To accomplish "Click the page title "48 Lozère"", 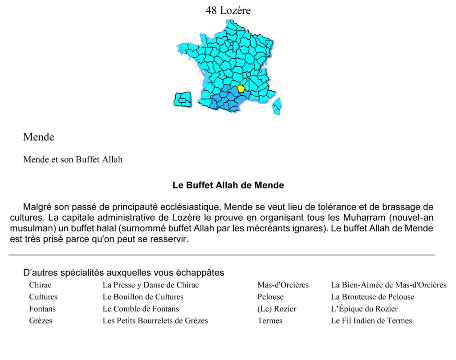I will point(228,10).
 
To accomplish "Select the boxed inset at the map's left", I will point(182,99).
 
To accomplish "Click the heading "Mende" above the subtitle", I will point(39,137).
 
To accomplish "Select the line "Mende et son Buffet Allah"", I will point(73,159).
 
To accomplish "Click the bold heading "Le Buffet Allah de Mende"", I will point(228,185).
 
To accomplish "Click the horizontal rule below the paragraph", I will point(222,255).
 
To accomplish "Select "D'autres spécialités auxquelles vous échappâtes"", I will point(123,272).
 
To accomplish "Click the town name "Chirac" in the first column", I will point(40,285).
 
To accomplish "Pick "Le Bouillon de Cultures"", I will point(143,297).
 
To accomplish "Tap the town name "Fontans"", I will point(42,309).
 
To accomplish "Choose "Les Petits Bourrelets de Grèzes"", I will point(155,320).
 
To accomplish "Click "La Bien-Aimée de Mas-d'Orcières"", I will point(388,285).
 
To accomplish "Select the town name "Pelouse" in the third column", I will point(270,297).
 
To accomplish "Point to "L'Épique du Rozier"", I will point(364,309).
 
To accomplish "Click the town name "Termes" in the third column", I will point(270,320).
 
